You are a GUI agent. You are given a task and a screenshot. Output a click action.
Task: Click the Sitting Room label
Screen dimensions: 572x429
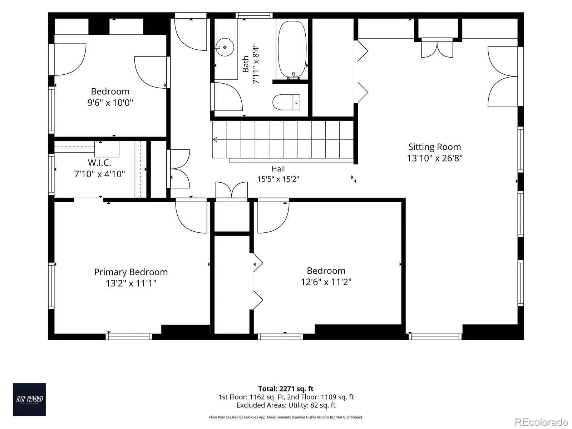click(x=434, y=147)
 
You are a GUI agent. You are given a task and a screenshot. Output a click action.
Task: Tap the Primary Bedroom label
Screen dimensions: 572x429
click(x=131, y=272)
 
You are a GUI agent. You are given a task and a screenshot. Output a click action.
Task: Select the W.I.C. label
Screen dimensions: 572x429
click(x=99, y=163)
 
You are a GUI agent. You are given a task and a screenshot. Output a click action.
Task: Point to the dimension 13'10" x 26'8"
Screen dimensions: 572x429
click(x=435, y=158)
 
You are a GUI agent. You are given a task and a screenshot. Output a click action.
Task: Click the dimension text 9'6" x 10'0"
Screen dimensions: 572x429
click(x=110, y=103)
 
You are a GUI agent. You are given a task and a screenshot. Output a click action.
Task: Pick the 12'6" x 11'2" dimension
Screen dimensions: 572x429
click(x=326, y=282)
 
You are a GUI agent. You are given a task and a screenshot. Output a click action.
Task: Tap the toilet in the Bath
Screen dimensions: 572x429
click(x=286, y=102)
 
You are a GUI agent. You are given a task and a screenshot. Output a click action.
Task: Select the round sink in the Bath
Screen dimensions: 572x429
click(x=225, y=47)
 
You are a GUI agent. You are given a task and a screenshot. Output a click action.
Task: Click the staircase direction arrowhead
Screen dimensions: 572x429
click(x=215, y=139)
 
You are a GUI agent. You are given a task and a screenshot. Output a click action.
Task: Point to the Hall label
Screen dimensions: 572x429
click(x=278, y=169)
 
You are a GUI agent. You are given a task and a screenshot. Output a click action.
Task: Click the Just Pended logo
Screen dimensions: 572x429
click(x=29, y=400)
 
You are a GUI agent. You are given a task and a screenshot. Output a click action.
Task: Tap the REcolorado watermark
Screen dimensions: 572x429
click(x=541, y=422)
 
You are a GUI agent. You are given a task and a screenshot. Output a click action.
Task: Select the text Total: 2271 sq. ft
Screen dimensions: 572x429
click(x=286, y=389)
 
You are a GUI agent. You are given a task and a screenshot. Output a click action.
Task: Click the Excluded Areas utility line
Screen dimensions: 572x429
click(x=286, y=405)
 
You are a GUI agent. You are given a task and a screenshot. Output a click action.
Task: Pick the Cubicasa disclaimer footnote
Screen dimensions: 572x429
click(x=286, y=417)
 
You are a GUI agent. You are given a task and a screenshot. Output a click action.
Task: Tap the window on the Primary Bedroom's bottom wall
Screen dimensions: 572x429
click(x=129, y=337)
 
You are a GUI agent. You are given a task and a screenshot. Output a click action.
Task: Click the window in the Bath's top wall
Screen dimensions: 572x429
click(x=254, y=15)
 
